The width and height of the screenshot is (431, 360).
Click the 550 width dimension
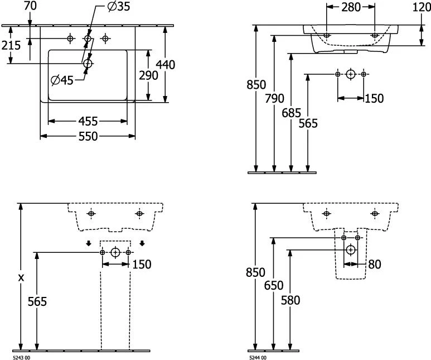coord(88,136)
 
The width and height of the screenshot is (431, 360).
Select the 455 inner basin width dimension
coord(88,121)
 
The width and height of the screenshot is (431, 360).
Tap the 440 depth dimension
coord(166,65)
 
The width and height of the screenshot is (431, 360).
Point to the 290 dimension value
coord(149,76)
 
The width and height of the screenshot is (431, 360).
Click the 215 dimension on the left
coord(11,46)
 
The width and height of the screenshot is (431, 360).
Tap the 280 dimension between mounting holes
coord(350,7)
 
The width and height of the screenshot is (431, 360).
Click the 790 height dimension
coord(274,99)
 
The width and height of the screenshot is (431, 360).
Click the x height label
coord(21,277)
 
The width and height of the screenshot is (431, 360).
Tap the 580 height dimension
coord(290,300)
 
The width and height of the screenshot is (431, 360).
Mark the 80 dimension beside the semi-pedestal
coord(374,265)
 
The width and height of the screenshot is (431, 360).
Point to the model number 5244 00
coord(256,357)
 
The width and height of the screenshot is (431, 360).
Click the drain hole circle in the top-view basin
coord(87,64)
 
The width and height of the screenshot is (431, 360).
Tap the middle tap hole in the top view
coord(88,38)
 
